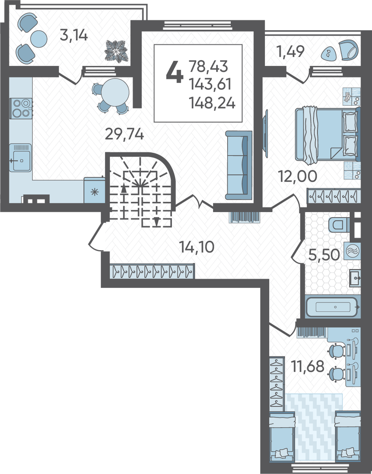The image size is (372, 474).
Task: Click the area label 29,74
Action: [124, 134]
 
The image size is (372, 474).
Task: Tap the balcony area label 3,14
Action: [74, 36]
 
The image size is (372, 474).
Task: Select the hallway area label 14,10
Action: [197, 247]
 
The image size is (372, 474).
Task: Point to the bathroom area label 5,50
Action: [324, 255]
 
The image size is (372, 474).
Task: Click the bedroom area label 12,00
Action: [298, 176]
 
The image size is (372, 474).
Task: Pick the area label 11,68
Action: [308, 366]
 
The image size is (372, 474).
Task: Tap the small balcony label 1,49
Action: [290, 51]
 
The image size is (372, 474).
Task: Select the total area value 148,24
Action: [212, 103]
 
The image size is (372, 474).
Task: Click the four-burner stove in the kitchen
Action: [21, 108]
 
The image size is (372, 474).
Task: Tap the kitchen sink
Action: [20, 158]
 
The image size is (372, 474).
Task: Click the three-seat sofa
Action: [239, 165]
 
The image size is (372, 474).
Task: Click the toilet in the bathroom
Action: [339, 225]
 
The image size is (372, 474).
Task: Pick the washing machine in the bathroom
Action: [353, 251]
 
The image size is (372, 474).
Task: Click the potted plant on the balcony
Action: [117, 51]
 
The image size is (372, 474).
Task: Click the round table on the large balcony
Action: [39, 39]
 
